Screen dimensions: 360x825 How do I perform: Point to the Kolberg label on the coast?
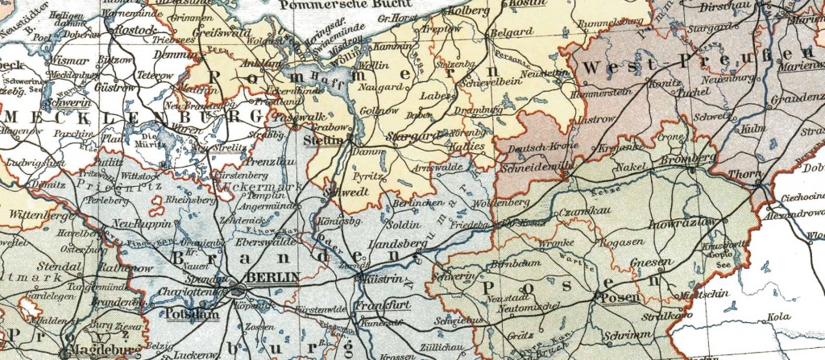pos(466,11)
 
